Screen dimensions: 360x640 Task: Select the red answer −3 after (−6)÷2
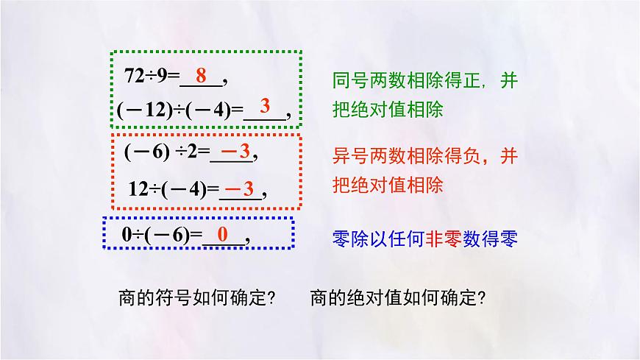click(x=236, y=152)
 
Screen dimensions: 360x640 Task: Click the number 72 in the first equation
click(x=134, y=77)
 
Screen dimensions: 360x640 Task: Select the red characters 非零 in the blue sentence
click(x=439, y=238)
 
